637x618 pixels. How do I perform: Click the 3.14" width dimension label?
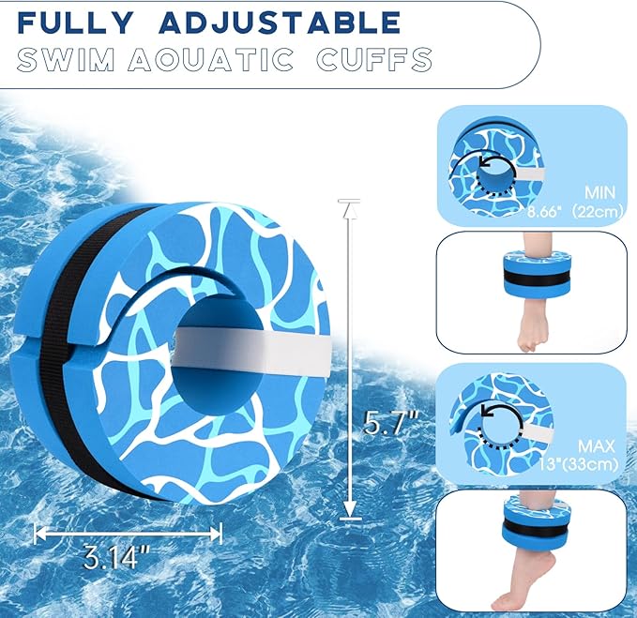(x=111, y=560)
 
